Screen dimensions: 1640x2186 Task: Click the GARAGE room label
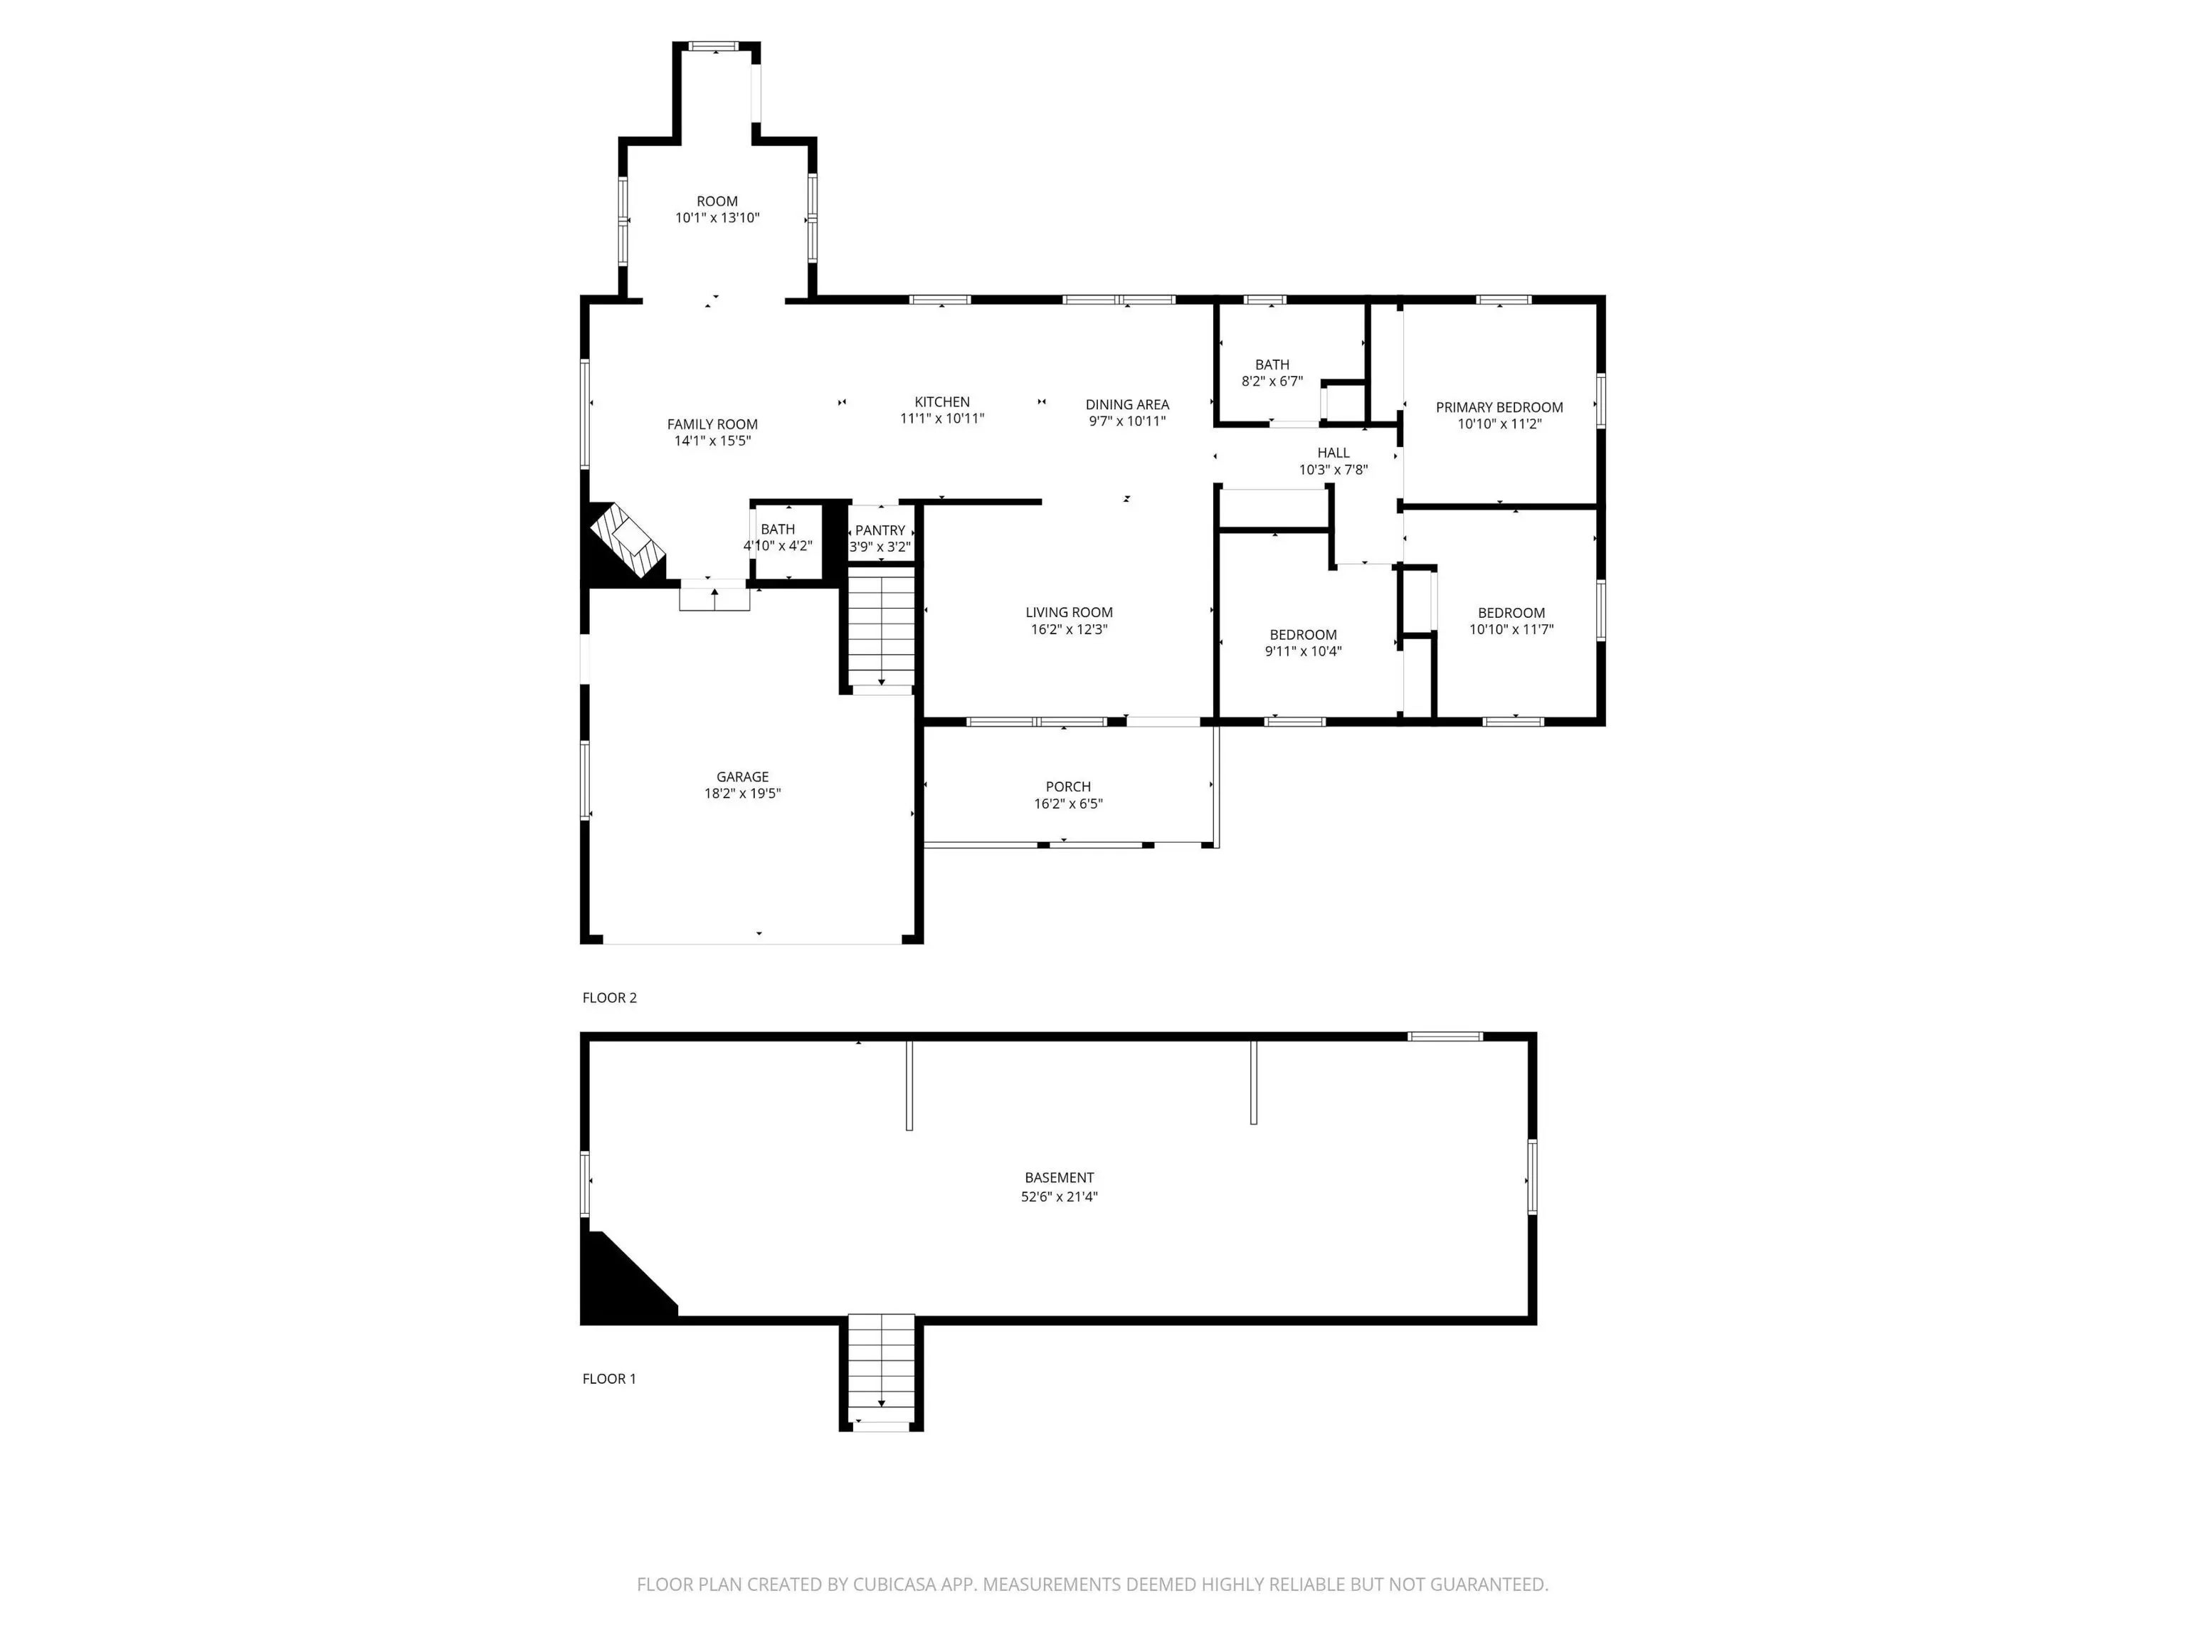coord(742,777)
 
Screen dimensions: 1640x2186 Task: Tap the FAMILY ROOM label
coord(712,424)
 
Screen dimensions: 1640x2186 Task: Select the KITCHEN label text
coord(942,401)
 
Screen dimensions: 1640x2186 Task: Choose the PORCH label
coord(1067,787)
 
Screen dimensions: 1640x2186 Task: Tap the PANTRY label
coord(880,531)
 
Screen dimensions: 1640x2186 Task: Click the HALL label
coord(1332,453)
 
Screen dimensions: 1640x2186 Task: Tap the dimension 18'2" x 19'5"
coord(742,794)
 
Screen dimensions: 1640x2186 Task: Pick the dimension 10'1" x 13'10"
coord(717,218)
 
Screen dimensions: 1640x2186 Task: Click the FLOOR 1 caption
coord(608,1378)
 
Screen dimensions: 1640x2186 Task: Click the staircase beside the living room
coord(880,628)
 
